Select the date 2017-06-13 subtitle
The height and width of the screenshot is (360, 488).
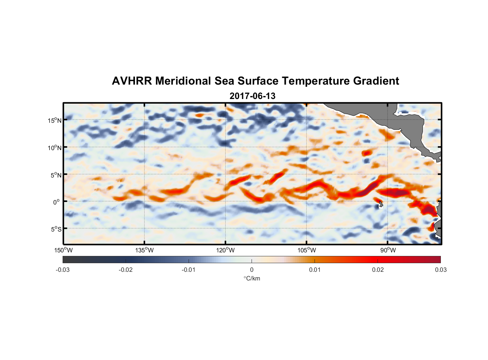tap(252, 96)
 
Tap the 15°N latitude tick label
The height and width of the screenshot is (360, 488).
tap(54, 120)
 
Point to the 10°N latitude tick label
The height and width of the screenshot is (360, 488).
tap(54, 148)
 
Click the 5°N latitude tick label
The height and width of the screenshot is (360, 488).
tap(56, 175)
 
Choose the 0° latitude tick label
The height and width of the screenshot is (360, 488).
tap(57, 202)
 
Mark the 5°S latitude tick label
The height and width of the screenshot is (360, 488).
tap(56, 229)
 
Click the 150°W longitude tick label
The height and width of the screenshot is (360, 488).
tap(63, 250)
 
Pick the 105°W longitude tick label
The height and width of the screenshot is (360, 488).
tap(307, 250)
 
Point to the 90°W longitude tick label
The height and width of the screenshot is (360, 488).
tap(388, 250)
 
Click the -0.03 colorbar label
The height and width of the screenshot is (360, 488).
tap(63, 270)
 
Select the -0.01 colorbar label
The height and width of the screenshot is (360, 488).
tap(189, 270)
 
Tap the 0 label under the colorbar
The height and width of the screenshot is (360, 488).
tap(252, 270)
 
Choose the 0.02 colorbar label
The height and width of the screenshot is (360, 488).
tap(378, 270)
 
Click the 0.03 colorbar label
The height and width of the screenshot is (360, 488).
tap(440, 270)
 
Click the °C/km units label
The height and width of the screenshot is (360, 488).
tap(252, 278)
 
